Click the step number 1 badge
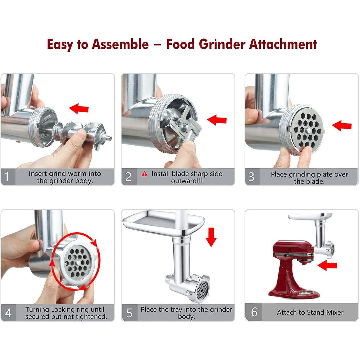click(x=7, y=177)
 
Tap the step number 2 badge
click(x=128, y=177)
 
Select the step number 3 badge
click(x=252, y=177)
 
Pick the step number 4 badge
click(x=8, y=313)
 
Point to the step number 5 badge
click(x=129, y=313)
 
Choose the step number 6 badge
click(x=254, y=312)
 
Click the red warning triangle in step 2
click(x=145, y=174)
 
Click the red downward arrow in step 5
click(x=211, y=236)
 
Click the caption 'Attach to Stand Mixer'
click(x=310, y=313)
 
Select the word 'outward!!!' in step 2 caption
click(x=187, y=181)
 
